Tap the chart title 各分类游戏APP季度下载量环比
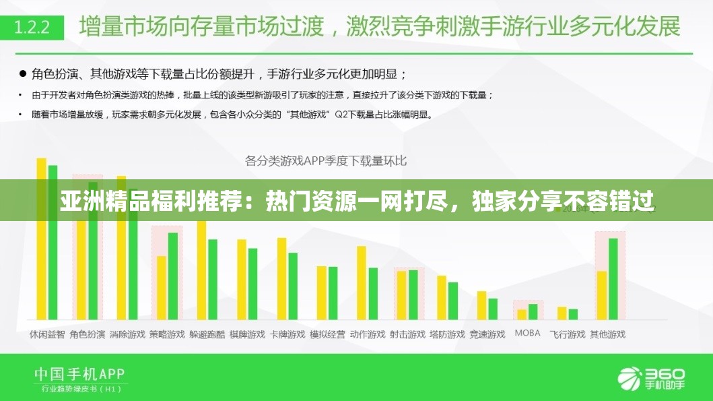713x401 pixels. [326, 161]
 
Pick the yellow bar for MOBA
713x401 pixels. [521, 314]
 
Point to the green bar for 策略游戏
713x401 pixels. [173, 276]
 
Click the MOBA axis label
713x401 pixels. [527, 333]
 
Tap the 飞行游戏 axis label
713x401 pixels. [567, 334]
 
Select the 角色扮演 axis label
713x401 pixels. [87, 334]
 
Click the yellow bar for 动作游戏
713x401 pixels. [362, 282]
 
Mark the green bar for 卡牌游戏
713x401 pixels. [293, 286]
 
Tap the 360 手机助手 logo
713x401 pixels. [651, 377]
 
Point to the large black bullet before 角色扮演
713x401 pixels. [22, 73]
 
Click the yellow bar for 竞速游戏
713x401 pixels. [481, 305]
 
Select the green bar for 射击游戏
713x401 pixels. [413, 295]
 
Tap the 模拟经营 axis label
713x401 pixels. [327, 334]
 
